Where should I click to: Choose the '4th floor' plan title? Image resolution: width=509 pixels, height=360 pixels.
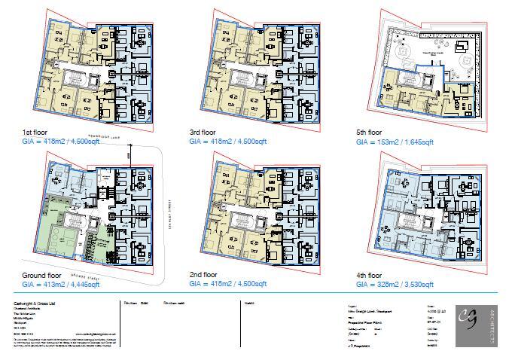(x=370, y=276)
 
